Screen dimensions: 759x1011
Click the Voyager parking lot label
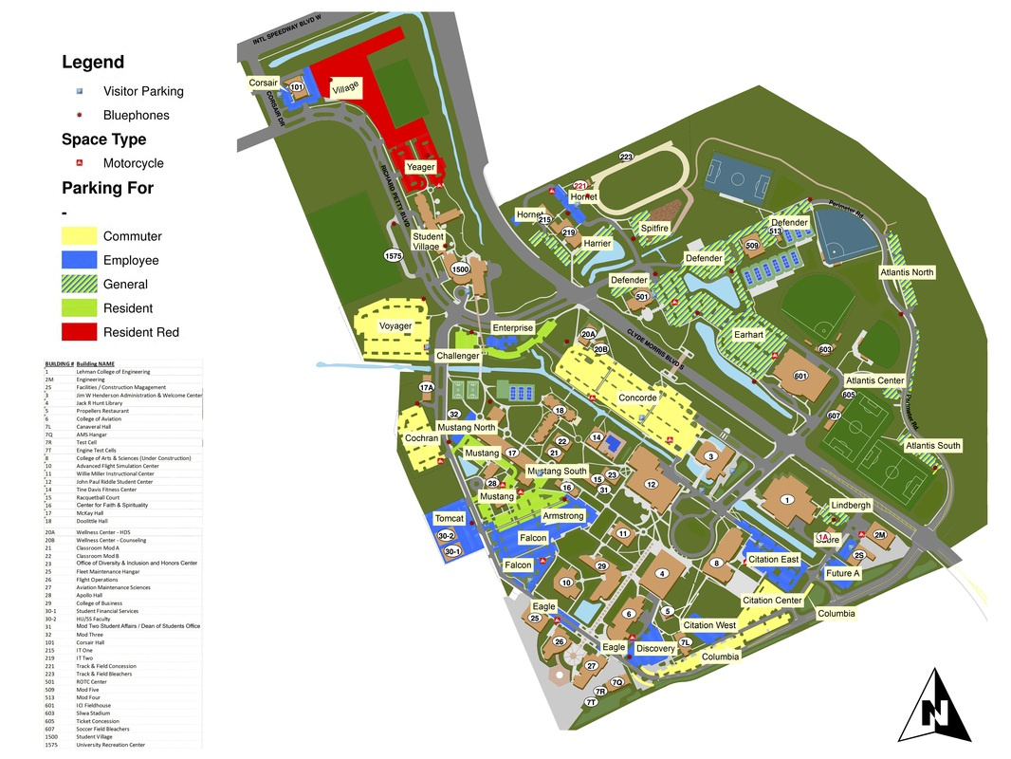click(395, 326)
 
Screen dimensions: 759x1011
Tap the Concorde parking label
click(637, 398)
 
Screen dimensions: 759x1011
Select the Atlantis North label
click(906, 272)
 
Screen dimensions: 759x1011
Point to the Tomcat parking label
click(449, 519)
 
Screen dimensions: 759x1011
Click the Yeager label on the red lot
click(420, 167)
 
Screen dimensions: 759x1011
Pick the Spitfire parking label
click(654, 228)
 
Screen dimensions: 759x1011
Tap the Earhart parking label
click(748, 335)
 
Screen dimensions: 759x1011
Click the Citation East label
click(774, 559)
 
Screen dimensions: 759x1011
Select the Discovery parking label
click(655, 649)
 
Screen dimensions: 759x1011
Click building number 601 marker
click(800, 377)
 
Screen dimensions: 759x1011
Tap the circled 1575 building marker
click(394, 256)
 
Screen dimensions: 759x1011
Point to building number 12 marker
click(652, 485)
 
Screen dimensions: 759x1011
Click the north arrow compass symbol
click(934, 707)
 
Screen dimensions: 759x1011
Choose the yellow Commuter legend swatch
click(80, 236)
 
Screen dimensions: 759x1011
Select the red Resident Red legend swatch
click(80, 332)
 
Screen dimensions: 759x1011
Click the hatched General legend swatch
click(80, 284)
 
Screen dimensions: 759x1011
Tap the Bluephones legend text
click(136, 115)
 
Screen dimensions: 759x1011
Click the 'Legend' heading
click(93, 63)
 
